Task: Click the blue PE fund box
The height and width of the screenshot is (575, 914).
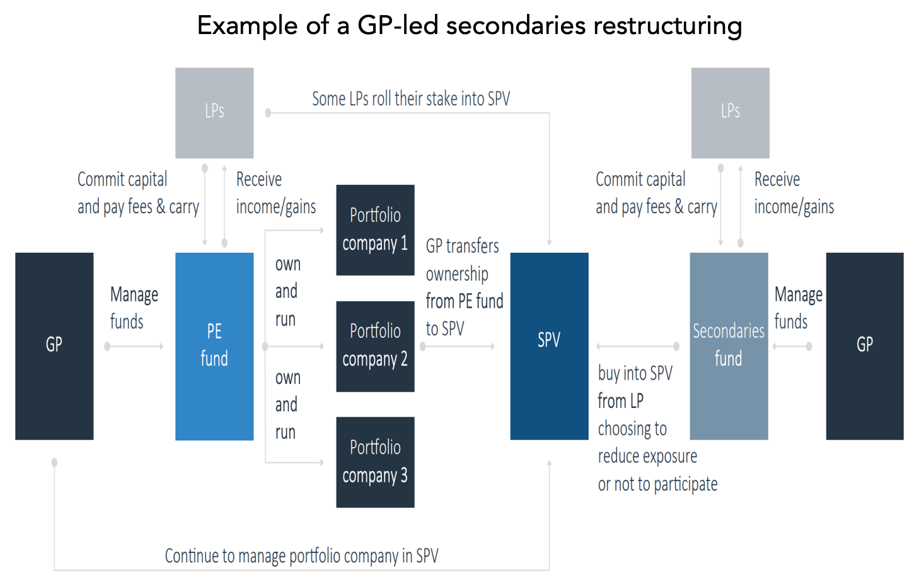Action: tap(214, 346)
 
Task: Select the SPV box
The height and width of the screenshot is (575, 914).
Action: tap(549, 346)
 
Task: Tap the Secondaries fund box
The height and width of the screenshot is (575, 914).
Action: tap(729, 346)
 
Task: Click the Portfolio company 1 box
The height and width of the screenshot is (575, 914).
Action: tap(376, 229)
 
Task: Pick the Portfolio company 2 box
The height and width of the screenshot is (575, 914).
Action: tap(376, 347)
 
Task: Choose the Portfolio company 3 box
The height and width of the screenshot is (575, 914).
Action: tap(376, 462)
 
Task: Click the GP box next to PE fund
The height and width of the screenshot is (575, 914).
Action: tap(54, 346)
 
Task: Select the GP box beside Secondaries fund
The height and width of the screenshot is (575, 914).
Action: tap(865, 346)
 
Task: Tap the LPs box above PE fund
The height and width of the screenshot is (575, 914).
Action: tap(214, 113)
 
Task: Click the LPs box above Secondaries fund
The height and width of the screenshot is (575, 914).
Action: tap(731, 113)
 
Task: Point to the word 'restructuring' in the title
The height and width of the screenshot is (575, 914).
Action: tap(668, 25)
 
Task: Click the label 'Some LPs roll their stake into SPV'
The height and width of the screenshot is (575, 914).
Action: tap(411, 99)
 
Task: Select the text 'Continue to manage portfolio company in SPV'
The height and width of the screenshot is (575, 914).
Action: tap(301, 556)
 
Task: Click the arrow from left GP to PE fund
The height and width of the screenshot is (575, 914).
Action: tap(134, 347)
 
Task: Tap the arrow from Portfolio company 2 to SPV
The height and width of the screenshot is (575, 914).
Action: tap(458, 347)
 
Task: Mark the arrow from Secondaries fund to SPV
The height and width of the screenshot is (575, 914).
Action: tap(637, 347)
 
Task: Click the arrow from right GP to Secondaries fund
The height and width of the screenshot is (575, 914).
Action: tap(792, 347)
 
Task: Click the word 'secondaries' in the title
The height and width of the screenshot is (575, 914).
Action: tap(516, 25)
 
